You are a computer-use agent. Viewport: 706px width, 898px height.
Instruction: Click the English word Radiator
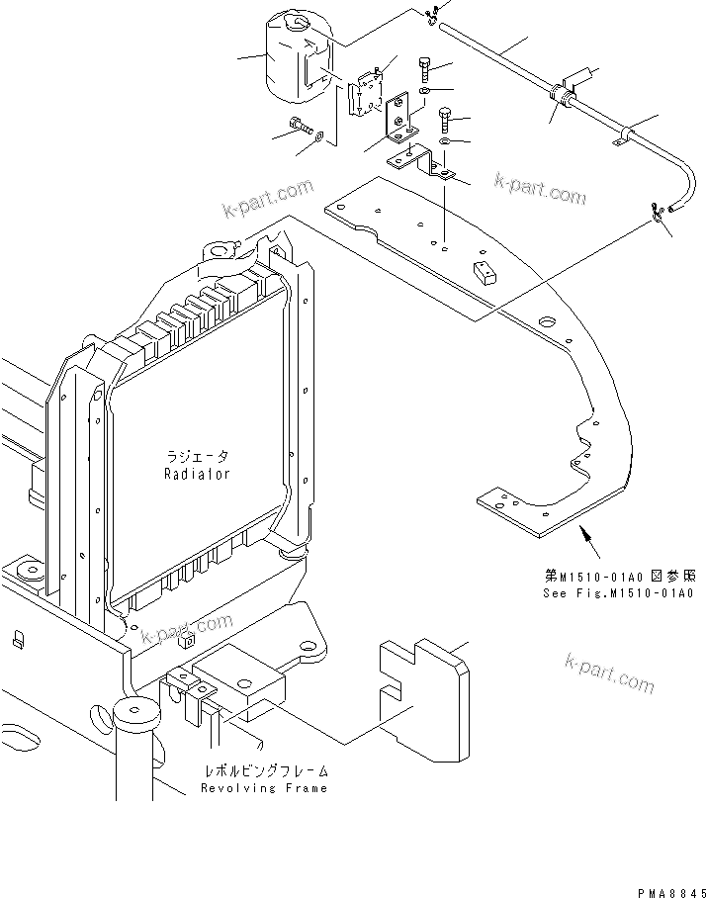coord(197,474)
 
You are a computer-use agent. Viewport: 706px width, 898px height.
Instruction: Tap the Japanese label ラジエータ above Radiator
coord(197,457)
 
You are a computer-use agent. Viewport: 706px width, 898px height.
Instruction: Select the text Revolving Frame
coord(263,788)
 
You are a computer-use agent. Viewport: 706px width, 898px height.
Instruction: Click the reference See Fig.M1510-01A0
coord(619,593)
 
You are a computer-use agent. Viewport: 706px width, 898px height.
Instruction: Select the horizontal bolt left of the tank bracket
coord(301,126)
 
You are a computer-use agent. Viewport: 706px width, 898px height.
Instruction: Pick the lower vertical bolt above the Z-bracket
coord(446,120)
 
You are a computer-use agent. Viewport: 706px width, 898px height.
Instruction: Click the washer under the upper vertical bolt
coord(423,92)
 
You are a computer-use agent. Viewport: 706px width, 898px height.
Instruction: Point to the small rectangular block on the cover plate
coord(484,272)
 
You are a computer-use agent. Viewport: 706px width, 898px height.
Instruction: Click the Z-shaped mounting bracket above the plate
coord(420,161)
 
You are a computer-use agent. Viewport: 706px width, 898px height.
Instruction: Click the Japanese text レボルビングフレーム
coord(264,770)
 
